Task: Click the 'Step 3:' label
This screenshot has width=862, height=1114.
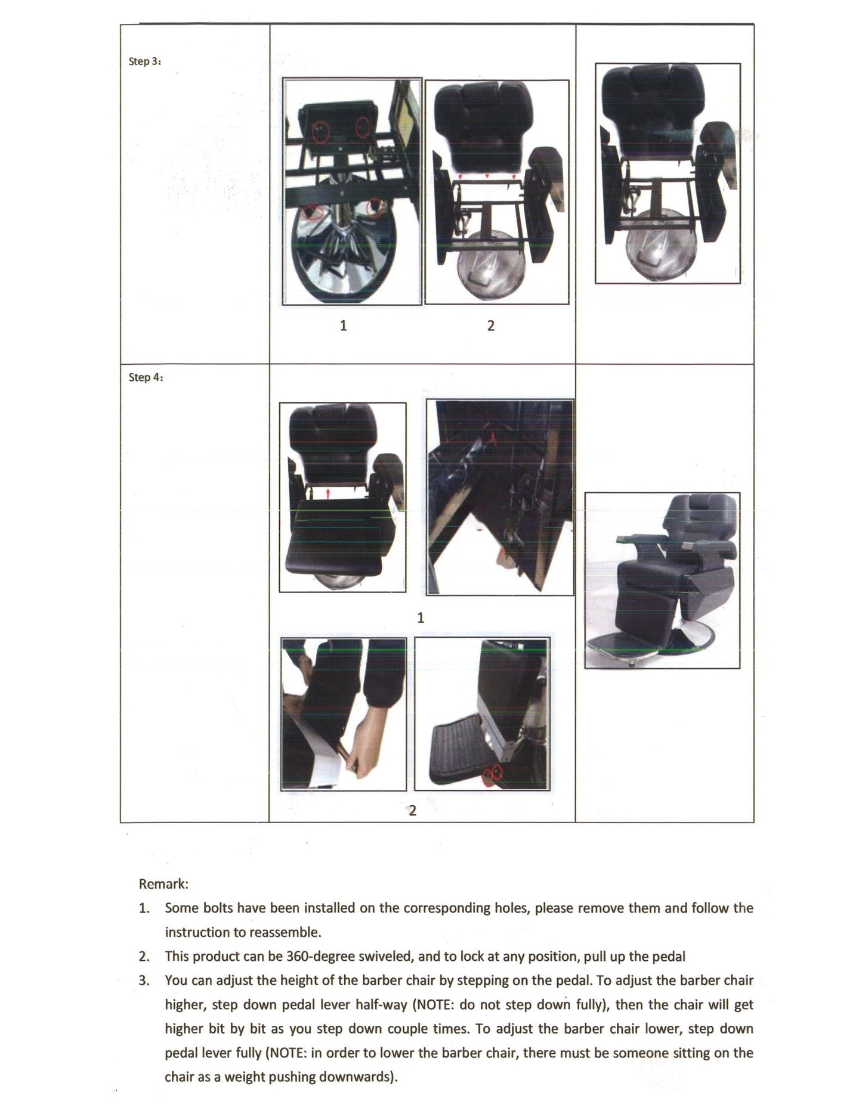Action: point(144,61)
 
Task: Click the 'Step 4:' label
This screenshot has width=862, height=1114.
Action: point(145,377)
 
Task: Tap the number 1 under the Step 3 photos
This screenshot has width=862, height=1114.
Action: point(343,325)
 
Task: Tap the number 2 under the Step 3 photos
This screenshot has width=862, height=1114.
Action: point(490,325)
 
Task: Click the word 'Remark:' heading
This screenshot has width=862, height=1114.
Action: point(163,883)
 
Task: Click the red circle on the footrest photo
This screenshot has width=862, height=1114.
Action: point(496,773)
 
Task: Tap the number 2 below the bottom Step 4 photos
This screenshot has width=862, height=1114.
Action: point(412,810)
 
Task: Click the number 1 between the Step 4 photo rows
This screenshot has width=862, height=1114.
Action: point(421,617)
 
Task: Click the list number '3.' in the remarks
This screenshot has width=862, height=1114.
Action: point(144,980)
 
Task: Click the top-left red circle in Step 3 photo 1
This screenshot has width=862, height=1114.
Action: point(321,131)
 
